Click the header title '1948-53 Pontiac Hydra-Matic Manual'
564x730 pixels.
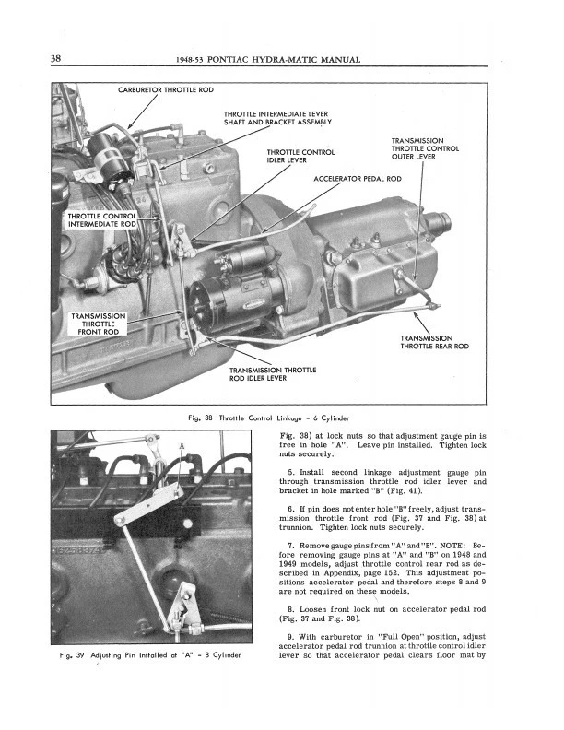[x=266, y=61]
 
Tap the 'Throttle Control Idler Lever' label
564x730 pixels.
[x=300, y=156]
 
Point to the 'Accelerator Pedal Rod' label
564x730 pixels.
[x=358, y=178]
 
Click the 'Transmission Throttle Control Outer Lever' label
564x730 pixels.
[x=425, y=148]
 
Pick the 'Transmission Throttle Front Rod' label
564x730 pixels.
[x=98, y=324]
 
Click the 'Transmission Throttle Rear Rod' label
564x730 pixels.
[x=435, y=342]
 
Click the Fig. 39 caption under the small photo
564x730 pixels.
[x=151, y=655]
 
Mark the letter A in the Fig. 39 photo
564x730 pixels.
[x=182, y=448]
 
